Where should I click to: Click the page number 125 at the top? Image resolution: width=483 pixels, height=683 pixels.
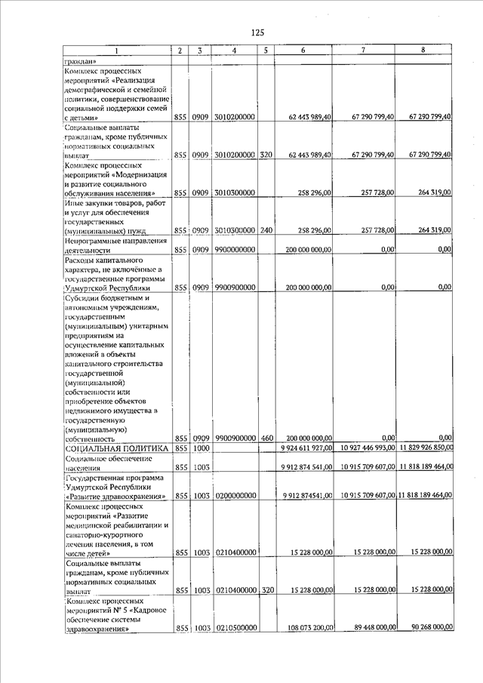pos(257,32)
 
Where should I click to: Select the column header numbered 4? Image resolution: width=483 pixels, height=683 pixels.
pos(235,51)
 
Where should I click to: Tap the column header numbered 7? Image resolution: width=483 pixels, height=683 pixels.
pos(364,51)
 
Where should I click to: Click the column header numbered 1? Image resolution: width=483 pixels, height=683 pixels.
pos(117,51)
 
